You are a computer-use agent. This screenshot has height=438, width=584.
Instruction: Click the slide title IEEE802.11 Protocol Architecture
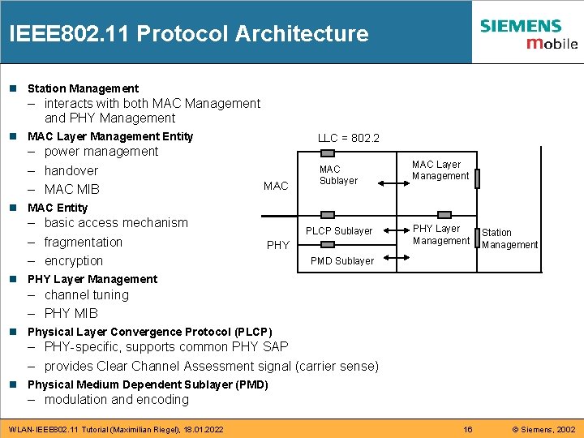tap(188, 34)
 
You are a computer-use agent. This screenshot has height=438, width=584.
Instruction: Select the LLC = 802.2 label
tap(348, 139)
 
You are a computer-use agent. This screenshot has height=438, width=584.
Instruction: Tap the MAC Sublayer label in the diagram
tap(338, 175)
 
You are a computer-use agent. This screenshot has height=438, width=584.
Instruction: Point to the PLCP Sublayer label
tap(339, 231)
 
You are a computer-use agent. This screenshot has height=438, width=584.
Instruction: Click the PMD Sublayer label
tap(342, 261)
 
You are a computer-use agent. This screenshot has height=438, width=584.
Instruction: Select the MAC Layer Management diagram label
tap(440, 170)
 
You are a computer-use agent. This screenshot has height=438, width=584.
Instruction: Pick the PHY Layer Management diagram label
tap(440, 234)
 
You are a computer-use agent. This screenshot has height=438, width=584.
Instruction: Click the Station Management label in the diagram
tap(509, 238)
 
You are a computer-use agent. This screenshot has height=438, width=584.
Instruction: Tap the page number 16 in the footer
tap(467, 429)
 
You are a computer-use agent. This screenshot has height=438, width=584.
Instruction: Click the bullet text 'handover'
tap(71, 170)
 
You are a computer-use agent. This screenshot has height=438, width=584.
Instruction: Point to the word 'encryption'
tap(74, 261)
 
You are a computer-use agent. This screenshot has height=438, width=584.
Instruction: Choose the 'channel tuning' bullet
tap(87, 295)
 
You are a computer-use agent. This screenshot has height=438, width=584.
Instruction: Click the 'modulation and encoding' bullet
tap(117, 400)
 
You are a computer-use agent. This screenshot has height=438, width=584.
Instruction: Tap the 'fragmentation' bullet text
tap(84, 243)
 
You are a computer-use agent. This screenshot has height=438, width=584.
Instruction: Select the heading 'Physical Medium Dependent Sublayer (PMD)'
tap(148, 384)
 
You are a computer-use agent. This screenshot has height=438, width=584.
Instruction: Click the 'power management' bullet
tap(101, 152)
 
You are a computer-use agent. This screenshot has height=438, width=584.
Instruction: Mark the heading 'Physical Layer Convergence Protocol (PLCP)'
tap(150, 332)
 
